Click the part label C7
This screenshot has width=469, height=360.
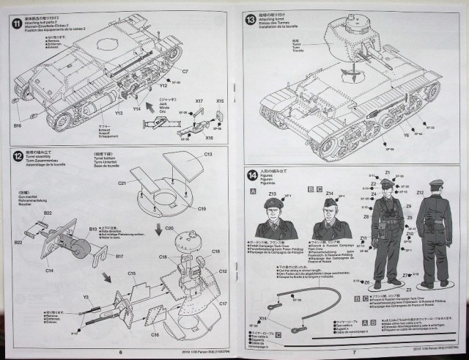(x=185, y=71)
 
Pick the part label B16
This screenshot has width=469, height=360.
(x=16, y=126)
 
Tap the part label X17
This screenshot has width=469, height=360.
(x=199, y=100)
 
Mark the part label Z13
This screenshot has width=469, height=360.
(x=273, y=194)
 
